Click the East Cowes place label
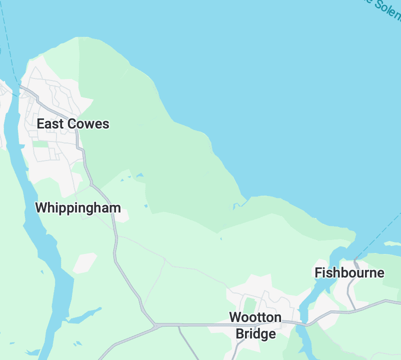[73, 124]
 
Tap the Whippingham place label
[77, 207]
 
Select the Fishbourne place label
[349, 272]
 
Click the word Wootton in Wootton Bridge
[255, 317]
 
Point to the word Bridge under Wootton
[255, 333]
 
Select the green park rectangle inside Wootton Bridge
[249, 304]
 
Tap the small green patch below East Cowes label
[41, 144]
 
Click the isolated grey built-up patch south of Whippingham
[85, 262]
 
